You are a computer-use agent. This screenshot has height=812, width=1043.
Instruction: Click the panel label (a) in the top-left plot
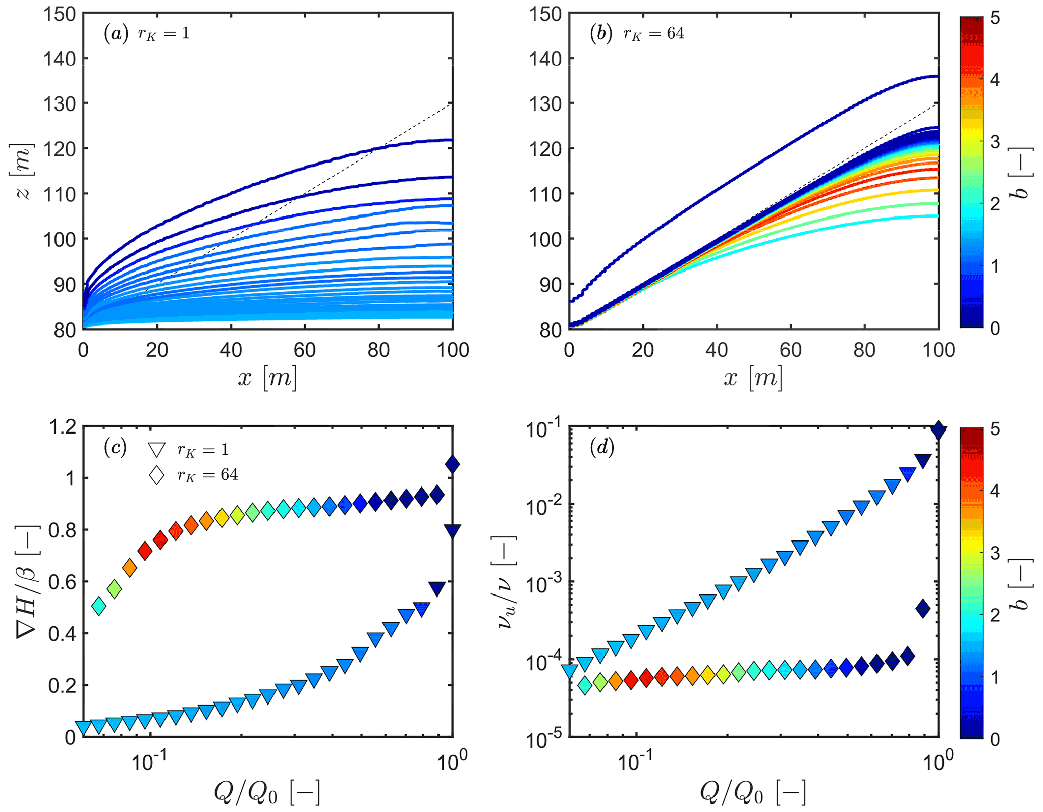click(116, 33)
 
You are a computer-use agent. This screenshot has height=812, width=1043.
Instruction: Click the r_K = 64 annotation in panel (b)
click(654, 33)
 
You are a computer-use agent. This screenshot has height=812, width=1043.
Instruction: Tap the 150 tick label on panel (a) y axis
click(59, 14)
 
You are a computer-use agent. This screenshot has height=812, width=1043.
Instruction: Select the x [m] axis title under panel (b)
click(753, 378)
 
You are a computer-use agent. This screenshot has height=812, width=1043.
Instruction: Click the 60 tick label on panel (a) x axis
click(305, 350)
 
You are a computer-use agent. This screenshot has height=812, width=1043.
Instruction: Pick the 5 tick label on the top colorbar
click(995, 18)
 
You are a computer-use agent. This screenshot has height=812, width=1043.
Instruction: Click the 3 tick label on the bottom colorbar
click(995, 553)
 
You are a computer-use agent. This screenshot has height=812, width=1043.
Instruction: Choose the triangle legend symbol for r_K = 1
click(157, 450)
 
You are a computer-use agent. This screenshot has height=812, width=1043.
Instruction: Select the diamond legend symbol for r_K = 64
click(157, 474)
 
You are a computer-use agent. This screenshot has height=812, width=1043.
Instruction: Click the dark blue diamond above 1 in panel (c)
click(452, 464)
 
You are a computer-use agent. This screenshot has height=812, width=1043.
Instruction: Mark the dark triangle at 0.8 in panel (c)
click(452, 531)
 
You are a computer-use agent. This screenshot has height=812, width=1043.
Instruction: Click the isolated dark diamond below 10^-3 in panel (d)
click(923, 609)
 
